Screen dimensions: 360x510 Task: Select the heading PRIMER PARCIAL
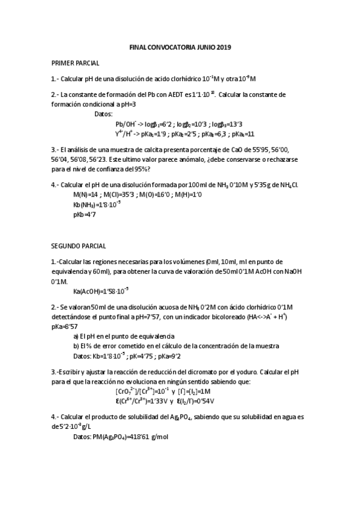point(75,63)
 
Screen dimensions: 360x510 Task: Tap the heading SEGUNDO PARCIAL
point(78,246)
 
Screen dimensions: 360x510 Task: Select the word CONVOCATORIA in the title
point(174,47)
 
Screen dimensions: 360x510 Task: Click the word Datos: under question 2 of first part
point(105,113)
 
